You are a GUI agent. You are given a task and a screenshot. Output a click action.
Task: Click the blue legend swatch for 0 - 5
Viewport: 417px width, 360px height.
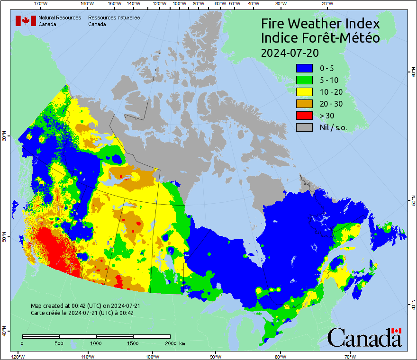[304, 68]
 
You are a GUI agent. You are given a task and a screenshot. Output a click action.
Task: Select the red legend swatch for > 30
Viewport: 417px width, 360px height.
[304, 116]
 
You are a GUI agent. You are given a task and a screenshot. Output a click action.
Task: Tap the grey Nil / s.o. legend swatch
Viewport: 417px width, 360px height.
[304, 127]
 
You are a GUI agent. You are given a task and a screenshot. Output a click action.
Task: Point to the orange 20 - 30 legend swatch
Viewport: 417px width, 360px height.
[304, 104]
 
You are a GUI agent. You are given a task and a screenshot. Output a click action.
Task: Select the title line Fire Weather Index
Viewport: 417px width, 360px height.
[320, 24]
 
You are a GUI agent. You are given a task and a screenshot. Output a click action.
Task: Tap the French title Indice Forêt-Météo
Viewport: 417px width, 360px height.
[320, 38]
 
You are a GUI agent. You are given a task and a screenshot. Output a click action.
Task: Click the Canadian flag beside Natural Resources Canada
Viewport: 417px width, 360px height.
[26, 20]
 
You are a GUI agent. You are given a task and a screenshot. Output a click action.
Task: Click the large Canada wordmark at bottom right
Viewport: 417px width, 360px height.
[364, 337]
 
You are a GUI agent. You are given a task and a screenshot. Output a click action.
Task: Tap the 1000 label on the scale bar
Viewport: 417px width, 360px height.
[96, 343]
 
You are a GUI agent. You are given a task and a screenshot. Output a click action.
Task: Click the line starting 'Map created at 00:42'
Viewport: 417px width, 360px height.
[85, 306]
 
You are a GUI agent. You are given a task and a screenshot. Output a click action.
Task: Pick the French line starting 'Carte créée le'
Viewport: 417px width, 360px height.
[82, 313]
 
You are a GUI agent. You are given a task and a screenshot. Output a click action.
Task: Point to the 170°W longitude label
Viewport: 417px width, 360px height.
[41, 4]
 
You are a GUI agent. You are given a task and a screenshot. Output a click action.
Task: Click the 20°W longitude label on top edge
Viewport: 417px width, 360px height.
[326, 4]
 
